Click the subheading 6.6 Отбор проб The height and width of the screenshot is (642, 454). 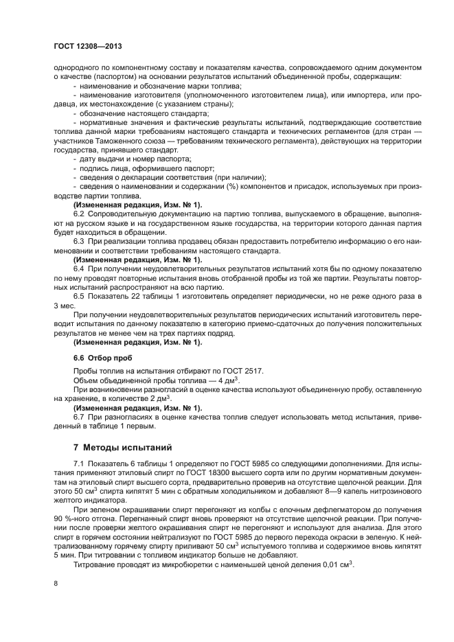point(102,358)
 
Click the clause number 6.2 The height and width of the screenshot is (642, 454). point(79,214)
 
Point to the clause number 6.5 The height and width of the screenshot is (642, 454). point(79,296)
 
